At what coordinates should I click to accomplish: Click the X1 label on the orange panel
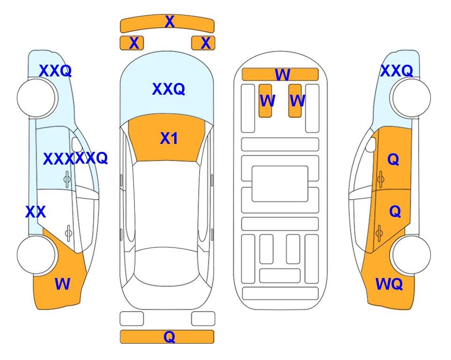169,138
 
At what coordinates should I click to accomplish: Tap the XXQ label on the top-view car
169,89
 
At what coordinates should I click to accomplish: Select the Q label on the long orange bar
169,337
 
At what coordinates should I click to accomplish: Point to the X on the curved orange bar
170,21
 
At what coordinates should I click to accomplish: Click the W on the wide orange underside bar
282,75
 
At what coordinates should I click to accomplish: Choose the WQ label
389,284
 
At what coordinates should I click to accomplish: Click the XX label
36,212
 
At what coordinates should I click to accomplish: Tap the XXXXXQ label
75,158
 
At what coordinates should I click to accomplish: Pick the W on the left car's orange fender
62,284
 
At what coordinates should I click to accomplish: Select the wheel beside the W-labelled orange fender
36,255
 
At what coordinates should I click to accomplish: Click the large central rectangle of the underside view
280,184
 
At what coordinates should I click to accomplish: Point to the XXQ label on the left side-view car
55,71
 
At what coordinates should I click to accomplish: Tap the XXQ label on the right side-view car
397,71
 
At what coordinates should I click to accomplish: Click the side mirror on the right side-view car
370,144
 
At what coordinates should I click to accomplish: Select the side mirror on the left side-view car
77,144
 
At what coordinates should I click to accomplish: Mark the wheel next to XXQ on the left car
36,98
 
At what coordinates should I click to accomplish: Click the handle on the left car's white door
68,233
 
